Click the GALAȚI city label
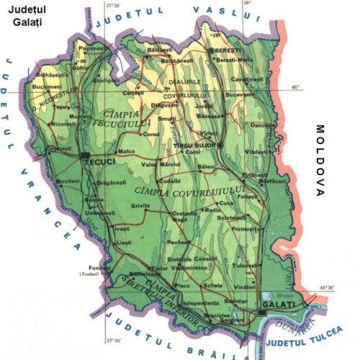click(278, 305)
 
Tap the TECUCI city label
click(99, 162)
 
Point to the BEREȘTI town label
click(230, 51)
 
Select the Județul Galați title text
click(27, 17)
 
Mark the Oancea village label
click(261, 125)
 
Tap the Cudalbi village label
click(170, 181)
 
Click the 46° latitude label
click(294, 87)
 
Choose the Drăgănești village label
click(111, 182)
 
